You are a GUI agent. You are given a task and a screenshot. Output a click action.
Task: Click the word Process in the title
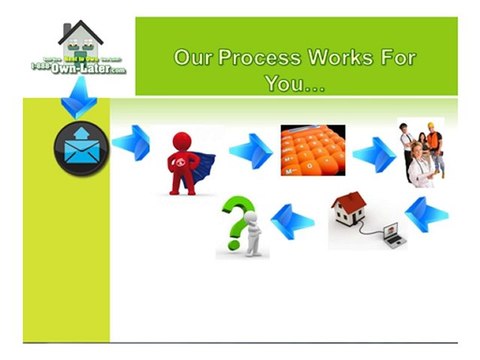click(x=259, y=57)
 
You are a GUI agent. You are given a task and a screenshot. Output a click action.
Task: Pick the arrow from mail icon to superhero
click(x=131, y=143)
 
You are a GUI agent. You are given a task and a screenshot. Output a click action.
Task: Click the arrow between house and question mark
click(x=293, y=218)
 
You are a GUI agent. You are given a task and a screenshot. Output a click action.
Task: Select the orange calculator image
click(x=312, y=151)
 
